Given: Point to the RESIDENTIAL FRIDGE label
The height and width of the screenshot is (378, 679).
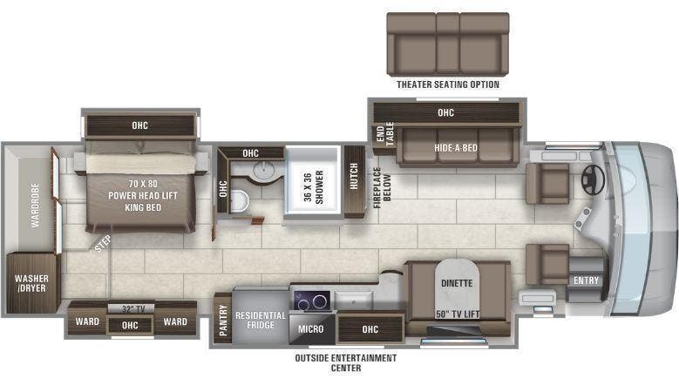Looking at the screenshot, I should [261, 321].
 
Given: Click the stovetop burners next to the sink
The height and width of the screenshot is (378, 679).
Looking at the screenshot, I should [311, 300].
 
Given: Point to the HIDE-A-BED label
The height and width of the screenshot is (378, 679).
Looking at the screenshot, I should [456, 147].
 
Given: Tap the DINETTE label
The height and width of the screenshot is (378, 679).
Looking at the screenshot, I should [455, 282].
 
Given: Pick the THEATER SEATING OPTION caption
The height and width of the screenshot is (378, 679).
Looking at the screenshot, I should [448, 84].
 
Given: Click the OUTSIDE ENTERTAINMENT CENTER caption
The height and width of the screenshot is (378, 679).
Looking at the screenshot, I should [347, 362].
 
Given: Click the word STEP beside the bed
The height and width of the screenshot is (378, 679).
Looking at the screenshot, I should [103, 245].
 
